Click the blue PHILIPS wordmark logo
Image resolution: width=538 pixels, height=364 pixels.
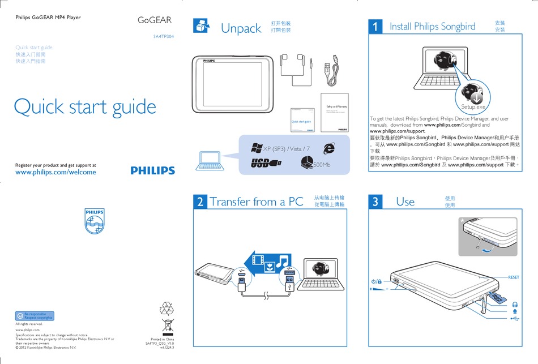pyautogui.click(x=152, y=170)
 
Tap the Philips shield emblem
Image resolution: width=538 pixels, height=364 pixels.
pyautogui.click(x=95, y=221)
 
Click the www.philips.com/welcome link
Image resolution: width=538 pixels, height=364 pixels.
pyautogui.click(x=55, y=172)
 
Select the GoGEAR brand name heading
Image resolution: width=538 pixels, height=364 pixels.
pyautogui.click(x=155, y=20)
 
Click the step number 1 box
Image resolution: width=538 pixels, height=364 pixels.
pyautogui.click(x=375, y=27)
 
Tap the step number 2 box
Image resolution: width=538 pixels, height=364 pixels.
pyautogui.click(x=200, y=202)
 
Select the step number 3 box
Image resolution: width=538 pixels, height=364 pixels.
pyautogui.click(x=375, y=202)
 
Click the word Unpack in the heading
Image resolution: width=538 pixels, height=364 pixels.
pyautogui.click(x=241, y=28)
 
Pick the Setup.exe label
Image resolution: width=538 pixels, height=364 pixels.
pyautogui.click(x=474, y=106)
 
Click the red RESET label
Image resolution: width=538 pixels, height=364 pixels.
pyautogui.click(x=513, y=277)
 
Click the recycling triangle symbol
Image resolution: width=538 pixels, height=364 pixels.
pyautogui.click(x=168, y=308)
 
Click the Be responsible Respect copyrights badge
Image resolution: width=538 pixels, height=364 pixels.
pyautogui.click(x=35, y=316)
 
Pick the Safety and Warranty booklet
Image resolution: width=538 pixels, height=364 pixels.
pyautogui.click(x=334, y=113)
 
